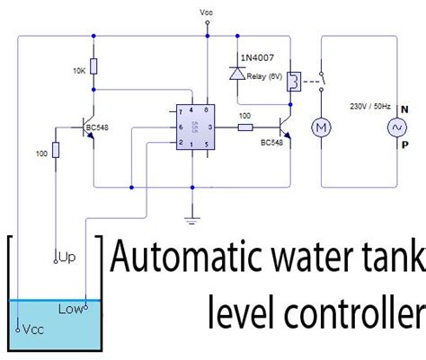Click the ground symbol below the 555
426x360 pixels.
click(192, 216)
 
